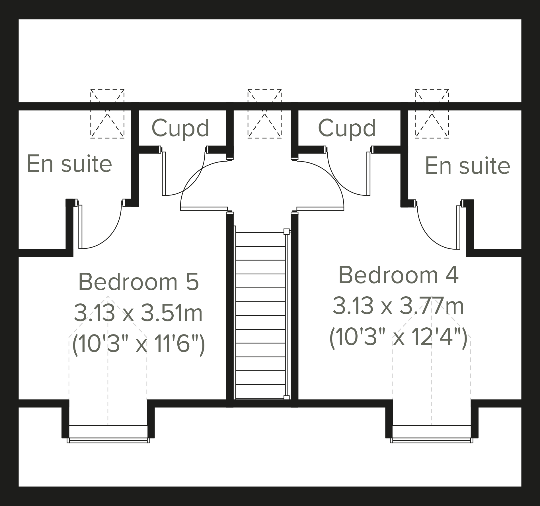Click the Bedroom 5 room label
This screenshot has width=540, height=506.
[138, 282]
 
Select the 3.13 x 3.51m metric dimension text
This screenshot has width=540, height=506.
[138, 313]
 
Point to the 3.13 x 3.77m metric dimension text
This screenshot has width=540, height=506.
[398, 306]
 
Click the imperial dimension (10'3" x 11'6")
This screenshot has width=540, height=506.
[138, 345]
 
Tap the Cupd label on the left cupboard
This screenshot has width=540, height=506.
[180, 128]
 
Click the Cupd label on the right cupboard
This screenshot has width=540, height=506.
[347, 128]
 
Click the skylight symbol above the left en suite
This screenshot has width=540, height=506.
[107, 114]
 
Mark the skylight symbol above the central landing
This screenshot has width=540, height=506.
[264, 114]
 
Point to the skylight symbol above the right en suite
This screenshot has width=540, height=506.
[432, 114]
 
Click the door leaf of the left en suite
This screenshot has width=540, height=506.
[80, 227]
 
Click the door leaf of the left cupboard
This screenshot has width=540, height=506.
[164, 174]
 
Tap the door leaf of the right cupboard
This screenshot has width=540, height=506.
[368, 174]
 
